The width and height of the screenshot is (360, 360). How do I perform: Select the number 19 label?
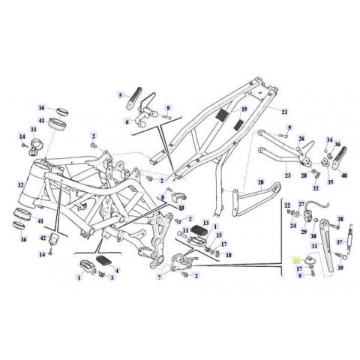click(x=242, y=109)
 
